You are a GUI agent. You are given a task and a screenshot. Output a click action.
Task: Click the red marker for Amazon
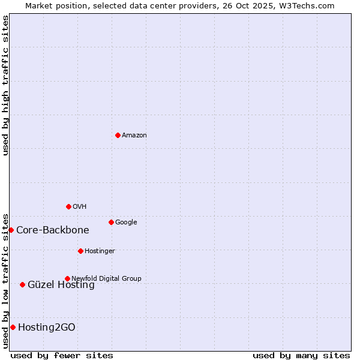click(118, 135)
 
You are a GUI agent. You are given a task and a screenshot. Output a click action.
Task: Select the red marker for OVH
click(68, 206)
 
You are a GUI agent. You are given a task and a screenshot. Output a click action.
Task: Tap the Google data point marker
click(111, 222)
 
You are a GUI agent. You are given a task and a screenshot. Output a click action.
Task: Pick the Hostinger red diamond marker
click(80, 251)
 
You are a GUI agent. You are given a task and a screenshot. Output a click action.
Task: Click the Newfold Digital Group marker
click(67, 278)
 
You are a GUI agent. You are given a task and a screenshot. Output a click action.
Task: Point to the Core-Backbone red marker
click(11, 230)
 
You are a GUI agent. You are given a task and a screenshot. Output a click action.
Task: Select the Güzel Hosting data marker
click(22, 284)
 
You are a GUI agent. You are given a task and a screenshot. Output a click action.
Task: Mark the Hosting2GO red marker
click(13, 327)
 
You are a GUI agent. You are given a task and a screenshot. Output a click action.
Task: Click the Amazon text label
click(134, 136)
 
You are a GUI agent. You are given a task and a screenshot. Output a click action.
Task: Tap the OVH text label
click(80, 207)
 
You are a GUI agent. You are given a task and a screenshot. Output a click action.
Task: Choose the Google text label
click(126, 223)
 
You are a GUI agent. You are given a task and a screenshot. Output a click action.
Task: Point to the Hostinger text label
click(100, 251)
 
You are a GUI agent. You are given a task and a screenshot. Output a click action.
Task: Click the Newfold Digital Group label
click(106, 278)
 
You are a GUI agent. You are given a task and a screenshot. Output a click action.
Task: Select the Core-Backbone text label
click(53, 230)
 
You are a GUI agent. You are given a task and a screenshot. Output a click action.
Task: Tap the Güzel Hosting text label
click(61, 285)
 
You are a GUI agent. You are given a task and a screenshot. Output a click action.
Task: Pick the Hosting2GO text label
click(47, 327)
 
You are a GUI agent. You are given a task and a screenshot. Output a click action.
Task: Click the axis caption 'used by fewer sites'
click(62, 355)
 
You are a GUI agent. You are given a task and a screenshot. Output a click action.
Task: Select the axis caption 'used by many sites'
click(301, 355)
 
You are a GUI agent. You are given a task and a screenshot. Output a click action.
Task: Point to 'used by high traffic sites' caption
click(5, 85)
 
